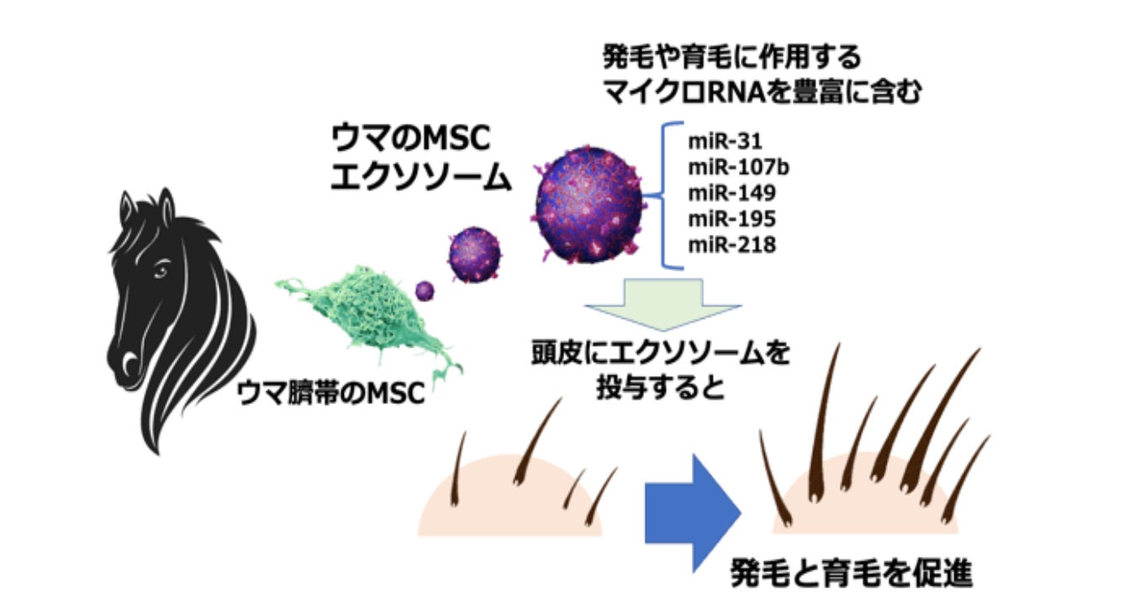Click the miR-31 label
click(725, 141)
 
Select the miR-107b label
click(739, 167)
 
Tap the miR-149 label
click(732, 194)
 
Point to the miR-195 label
click(732, 220)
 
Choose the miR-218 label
click(732, 246)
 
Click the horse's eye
click(161, 269)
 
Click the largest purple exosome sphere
click(588, 204)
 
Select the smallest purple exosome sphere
click(425, 292)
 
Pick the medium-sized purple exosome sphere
click(474, 255)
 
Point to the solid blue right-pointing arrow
click(693, 512)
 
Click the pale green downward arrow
click(663, 304)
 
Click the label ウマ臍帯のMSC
click(331, 393)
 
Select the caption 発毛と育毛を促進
click(852, 574)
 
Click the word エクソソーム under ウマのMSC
click(421, 178)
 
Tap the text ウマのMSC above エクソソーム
click(410, 138)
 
